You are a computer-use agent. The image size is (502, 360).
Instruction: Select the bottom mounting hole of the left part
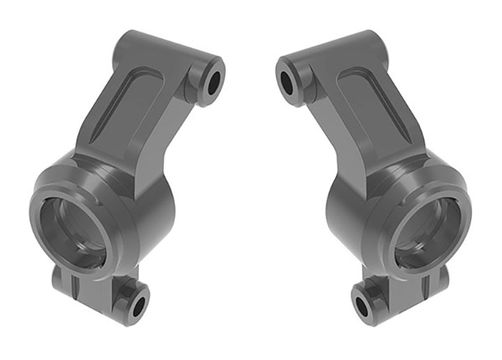139,306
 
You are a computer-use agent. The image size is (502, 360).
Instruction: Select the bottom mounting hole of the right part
363,306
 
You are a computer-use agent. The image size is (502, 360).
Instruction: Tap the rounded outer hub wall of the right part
349,209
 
